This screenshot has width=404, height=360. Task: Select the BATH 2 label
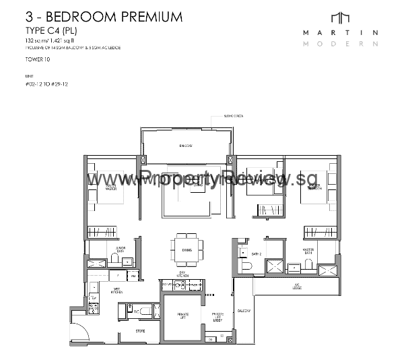pyautogui.click(x=256, y=255)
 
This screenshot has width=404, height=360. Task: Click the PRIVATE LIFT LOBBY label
pyautogui.click(x=218, y=318)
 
